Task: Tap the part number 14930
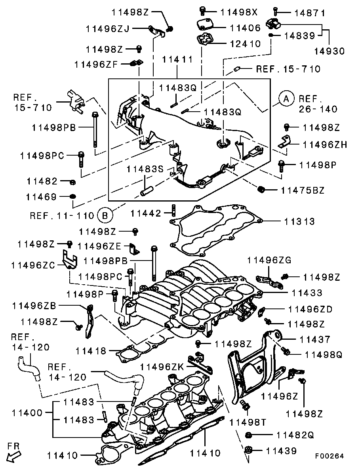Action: pos(330,51)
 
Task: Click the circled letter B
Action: pos(105,215)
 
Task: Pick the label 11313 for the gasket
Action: pos(299,221)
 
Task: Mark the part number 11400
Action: pos(27,413)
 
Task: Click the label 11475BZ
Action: pos(303,190)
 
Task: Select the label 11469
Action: pos(42,197)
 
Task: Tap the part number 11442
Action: pos(147,214)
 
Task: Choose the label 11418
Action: pos(91,350)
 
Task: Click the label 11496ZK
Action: pos(163,367)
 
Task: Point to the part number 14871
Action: pos(310,13)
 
